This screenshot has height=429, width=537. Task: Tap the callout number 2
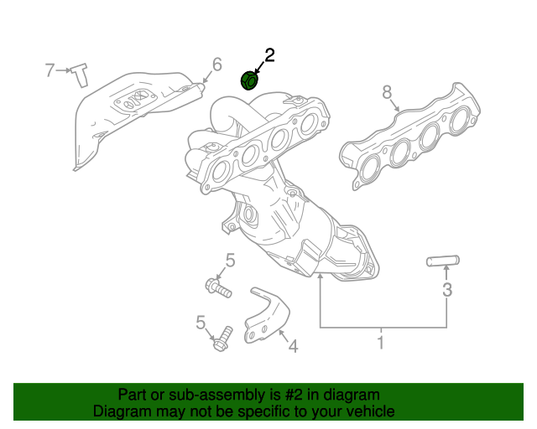269,56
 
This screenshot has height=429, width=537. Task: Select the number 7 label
50,70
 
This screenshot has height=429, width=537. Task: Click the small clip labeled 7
81,75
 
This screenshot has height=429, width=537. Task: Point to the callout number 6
216,65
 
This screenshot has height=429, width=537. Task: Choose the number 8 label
387,91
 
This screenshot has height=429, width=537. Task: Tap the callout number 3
447,290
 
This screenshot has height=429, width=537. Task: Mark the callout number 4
293,344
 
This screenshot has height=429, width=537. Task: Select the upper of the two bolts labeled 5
217,288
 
